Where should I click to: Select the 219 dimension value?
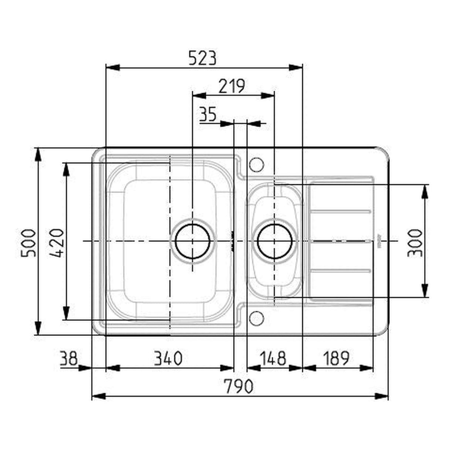click(x=232, y=87)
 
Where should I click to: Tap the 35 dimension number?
click(x=207, y=115)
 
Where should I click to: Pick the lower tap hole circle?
click(x=256, y=317)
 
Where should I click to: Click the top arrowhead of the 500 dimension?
click(x=38, y=155)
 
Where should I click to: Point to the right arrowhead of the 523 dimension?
click(x=296, y=67)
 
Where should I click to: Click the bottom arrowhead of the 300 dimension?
click(x=425, y=290)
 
